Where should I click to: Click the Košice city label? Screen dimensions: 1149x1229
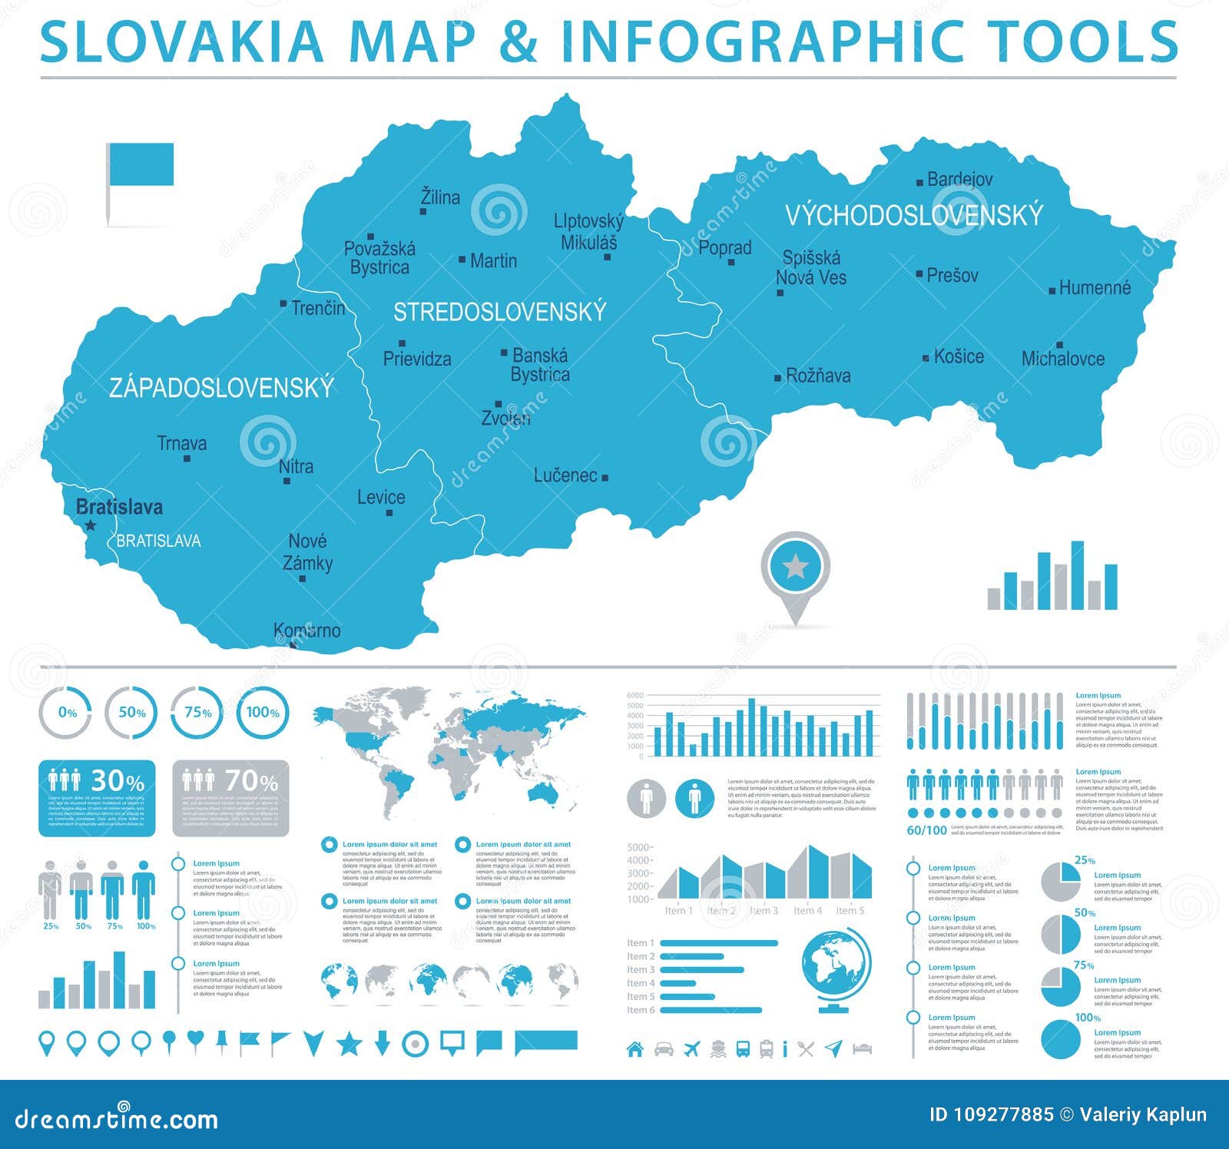tap(959, 356)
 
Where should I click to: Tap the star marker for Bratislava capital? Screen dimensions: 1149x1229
tap(91, 525)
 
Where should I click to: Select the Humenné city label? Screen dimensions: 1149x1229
tap(1095, 288)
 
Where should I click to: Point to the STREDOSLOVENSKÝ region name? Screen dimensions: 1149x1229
tap(500, 312)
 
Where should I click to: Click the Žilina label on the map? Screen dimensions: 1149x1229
tap(440, 197)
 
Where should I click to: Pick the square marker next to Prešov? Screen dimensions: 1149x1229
tap(919, 274)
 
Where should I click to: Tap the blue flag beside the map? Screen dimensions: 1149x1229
tap(141, 164)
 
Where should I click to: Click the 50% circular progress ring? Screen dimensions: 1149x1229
tap(131, 713)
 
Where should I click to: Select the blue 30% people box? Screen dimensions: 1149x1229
tap(97, 798)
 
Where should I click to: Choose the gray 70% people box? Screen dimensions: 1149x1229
tap(230, 798)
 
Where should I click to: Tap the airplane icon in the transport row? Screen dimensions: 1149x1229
tap(692, 1048)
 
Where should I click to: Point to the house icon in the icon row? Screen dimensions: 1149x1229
tap(635, 1048)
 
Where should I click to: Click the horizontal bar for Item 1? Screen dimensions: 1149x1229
tap(719, 943)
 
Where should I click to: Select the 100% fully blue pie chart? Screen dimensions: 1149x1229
tap(1061, 1039)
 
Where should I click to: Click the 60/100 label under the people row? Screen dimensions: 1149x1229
tap(926, 830)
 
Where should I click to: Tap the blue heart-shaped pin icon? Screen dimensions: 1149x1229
tap(196, 1040)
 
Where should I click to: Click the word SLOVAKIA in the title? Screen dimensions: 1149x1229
tap(182, 41)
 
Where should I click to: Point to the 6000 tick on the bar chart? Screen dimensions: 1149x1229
tap(635, 696)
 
